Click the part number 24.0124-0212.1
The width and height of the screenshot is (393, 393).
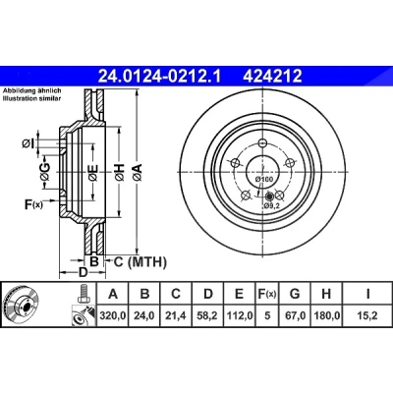[159, 77]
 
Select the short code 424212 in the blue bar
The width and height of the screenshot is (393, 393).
[272, 77]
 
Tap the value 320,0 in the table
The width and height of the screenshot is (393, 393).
[113, 315]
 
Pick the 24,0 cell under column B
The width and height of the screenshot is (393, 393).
[144, 315]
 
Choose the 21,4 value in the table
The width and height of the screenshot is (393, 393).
[176, 315]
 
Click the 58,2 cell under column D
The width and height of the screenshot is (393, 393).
[208, 315]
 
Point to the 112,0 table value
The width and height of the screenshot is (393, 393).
[240, 315]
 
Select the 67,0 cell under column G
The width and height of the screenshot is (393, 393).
[295, 315]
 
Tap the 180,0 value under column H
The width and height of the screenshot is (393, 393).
[326, 315]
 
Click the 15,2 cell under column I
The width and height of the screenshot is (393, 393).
[367, 315]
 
